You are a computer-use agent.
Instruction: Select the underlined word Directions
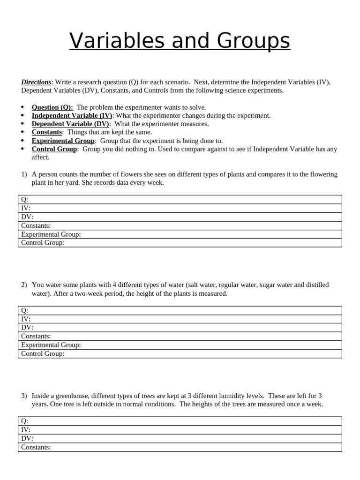(x=36, y=82)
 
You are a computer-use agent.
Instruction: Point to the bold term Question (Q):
(x=52, y=107)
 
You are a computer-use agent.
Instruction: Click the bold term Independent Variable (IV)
(x=72, y=116)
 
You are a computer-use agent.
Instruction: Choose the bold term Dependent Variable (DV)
(x=70, y=124)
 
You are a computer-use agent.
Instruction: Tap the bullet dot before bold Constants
(x=23, y=133)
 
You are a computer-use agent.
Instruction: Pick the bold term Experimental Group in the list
(x=63, y=141)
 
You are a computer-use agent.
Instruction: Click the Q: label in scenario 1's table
(x=25, y=200)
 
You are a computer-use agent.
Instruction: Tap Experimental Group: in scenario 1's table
(x=51, y=234)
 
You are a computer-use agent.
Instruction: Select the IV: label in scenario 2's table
(x=26, y=319)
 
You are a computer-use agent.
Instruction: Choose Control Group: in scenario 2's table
(x=43, y=353)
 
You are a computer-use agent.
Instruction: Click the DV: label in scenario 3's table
(x=27, y=438)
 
